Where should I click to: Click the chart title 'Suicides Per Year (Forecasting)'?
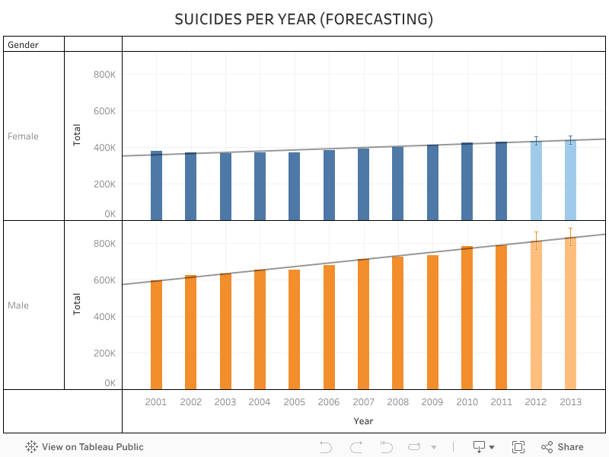coord(304,19)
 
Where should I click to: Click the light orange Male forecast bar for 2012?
coord(536,320)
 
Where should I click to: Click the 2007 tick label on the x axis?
coord(363,402)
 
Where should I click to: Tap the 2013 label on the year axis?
coord(570,402)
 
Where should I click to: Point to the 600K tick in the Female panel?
coord(104,111)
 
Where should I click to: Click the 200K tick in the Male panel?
coord(104,353)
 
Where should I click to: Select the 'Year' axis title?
coord(363,420)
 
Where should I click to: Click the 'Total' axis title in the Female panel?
coord(77,136)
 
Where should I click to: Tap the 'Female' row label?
coord(23,136)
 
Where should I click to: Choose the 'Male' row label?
coord(18,305)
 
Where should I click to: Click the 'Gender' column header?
coord(23,45)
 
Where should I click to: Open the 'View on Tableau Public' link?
coord(84,447)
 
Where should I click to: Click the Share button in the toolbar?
coord(563,447)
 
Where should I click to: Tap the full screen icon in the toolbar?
coord(518,447)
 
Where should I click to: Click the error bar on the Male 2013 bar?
coord(570,236)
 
